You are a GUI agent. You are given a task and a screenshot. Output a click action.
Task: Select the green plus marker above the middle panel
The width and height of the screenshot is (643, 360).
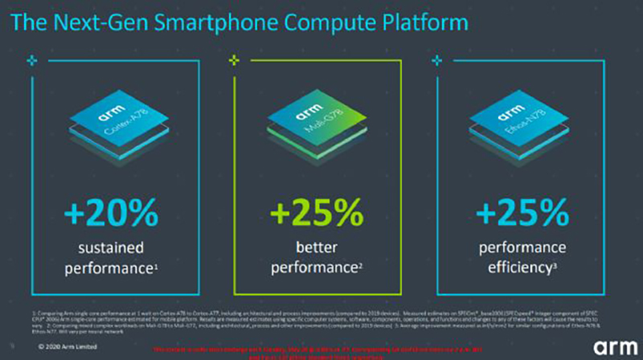coord(234,59)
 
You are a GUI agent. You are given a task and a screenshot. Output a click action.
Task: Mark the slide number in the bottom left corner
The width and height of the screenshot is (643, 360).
coord(11,347)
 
